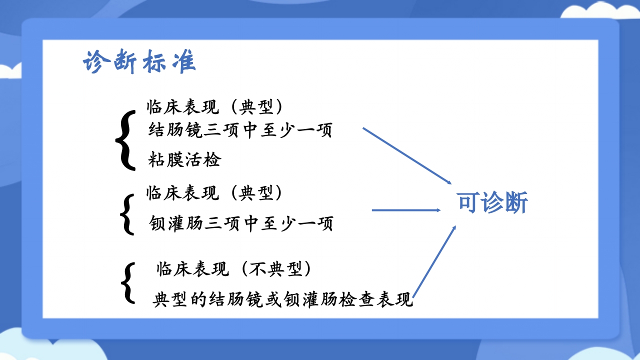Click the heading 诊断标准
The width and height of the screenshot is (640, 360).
tap(139, 62)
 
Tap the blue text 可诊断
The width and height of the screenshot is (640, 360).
tap(492, 203)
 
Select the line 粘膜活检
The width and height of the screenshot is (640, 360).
tap(184, 160)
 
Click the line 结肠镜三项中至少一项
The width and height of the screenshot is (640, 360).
tap(240, 131)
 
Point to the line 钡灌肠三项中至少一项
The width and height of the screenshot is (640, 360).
tap(241, 223)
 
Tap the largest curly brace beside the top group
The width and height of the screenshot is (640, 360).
tap(125, 139)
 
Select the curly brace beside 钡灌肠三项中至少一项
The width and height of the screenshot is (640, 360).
tap(127, 214)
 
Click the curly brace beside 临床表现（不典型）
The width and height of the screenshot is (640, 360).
tap(128, 283)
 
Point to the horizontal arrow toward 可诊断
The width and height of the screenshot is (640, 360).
tap(406, 210)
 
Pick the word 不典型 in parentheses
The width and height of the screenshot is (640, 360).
tap(277, 269)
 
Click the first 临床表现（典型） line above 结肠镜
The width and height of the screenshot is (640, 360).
tap(215, 106)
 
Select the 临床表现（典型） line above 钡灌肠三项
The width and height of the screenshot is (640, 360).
tap(214, 193)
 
